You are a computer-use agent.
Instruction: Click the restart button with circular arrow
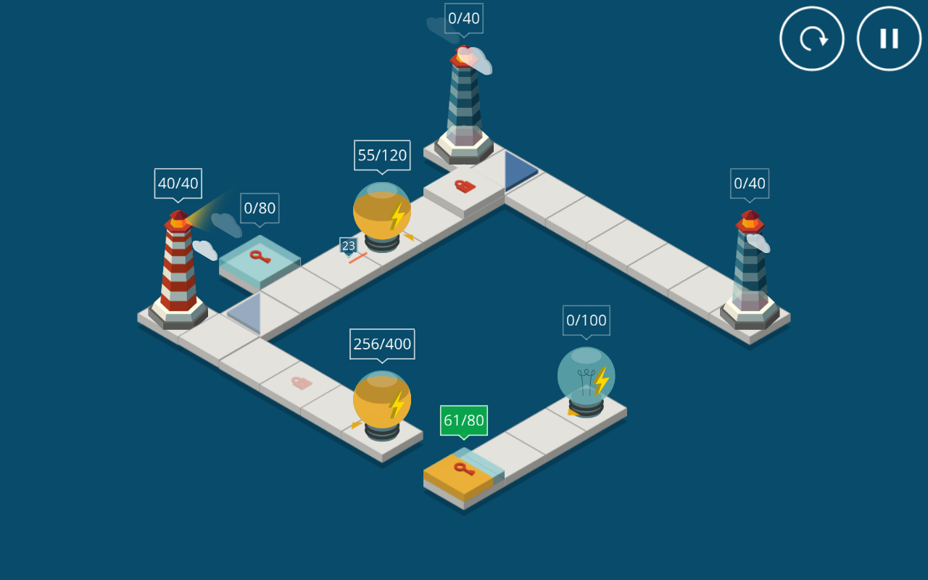click(x=812, y=38)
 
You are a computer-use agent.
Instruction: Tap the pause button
click(x=889, y=38)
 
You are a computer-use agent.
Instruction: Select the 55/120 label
click(x=382, y=155)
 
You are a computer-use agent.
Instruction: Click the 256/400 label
click(x=382, y=344)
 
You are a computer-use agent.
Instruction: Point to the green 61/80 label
click(x=464, y=420)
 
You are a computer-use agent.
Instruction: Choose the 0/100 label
click(x=586, y=320)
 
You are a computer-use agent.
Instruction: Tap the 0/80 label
click(x=260, y=209)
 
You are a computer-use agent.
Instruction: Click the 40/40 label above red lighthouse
click(x=178, y=183)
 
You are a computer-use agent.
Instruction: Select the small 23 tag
click(x=349, y=246)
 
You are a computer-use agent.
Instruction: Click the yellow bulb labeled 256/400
click(x=382, y=402)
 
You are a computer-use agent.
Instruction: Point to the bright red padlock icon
click(x=464, y=186)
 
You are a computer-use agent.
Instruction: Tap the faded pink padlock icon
click(x=301, y=382)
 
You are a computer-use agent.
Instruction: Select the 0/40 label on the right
click(x=749, y=183)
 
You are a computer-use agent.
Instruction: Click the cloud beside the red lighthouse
click(x=205, y=250)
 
